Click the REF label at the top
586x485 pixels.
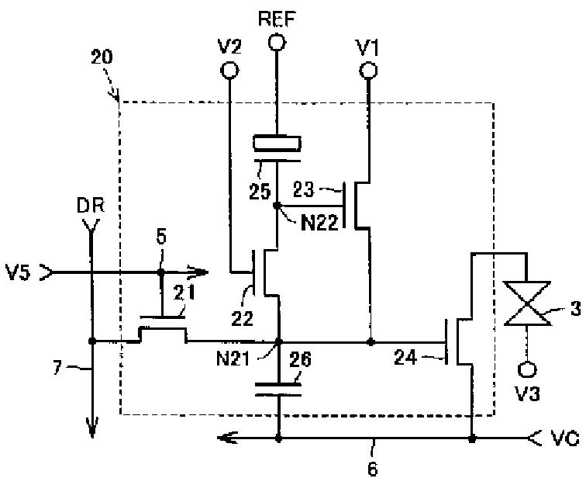[277, 18]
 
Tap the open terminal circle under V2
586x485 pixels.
[229, 70]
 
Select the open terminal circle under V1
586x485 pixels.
[368, 70]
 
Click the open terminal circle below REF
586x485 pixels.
[277, 42]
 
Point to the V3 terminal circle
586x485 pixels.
[527, 369]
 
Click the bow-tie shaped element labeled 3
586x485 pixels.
[527, 303]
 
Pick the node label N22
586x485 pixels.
[319, 223]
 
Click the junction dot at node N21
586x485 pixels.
[278, 341]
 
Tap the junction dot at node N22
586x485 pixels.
[277, 205]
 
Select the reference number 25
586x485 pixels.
[260, 192]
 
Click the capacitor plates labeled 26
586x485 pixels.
[278, 390]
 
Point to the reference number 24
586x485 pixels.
[405, 358]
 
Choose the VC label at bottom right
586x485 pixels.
[566, 438]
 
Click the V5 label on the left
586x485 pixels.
[18, 272]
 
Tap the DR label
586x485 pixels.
[91, 206]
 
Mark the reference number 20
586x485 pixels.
[102, 57]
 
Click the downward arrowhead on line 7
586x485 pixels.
[92, 428]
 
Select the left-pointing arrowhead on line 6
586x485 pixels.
[228, 438]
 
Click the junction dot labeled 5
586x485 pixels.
[160, 272]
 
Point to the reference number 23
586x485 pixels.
[303, 189]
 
